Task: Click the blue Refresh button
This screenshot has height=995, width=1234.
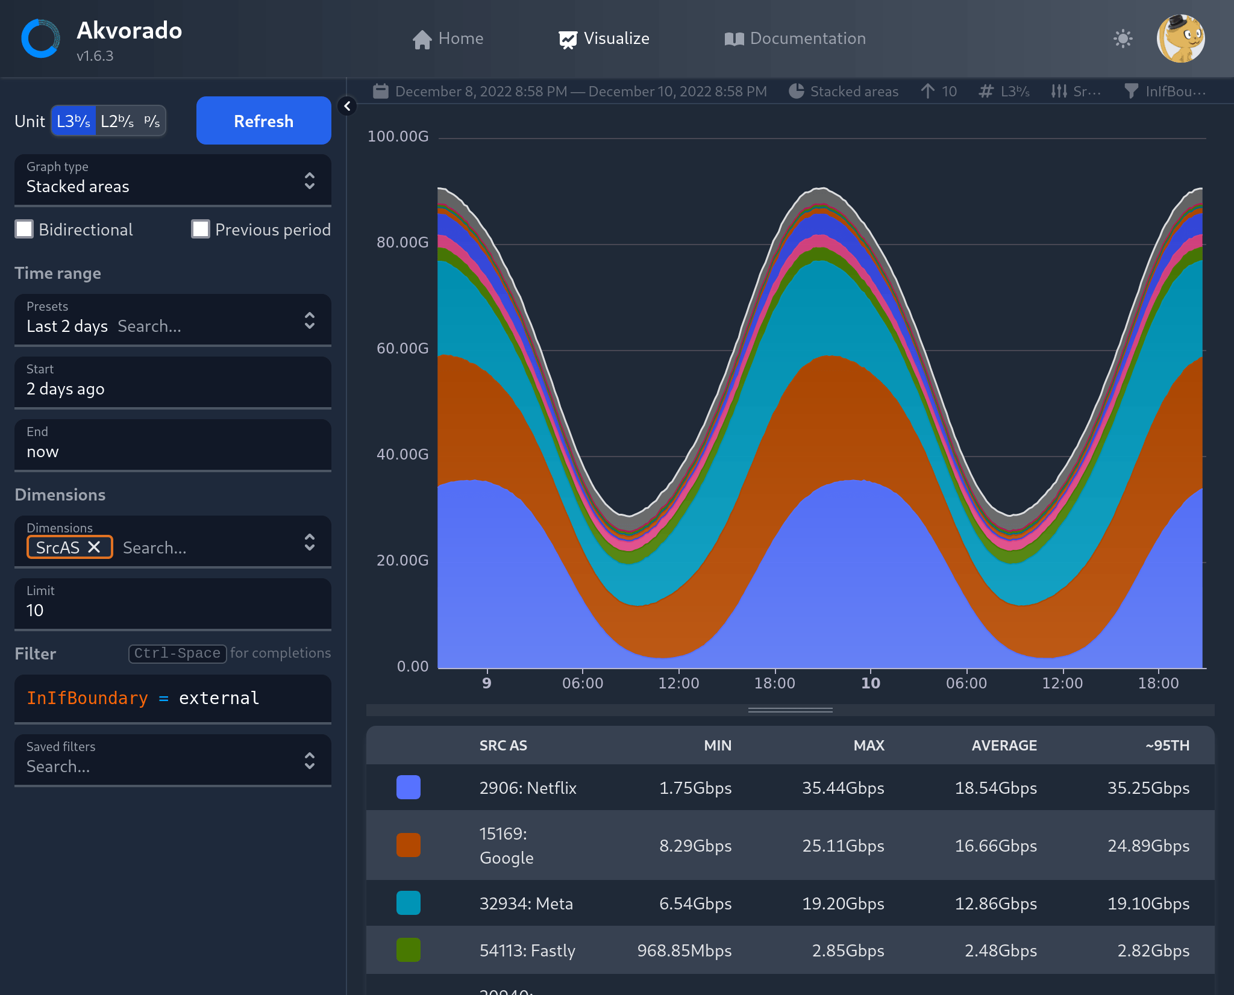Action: [263, 121]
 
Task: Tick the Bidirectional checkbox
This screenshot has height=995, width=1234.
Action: [24, 229]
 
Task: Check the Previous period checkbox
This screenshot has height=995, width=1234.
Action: [201, 229]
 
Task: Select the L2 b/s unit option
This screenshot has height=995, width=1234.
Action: [117, 121]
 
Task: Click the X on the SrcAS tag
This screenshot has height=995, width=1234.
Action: [94, 547]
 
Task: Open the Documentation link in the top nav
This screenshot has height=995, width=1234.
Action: [795, 39]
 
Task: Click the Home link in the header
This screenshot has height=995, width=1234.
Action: [448, 39]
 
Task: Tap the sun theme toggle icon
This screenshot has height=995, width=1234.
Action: [1123, 39]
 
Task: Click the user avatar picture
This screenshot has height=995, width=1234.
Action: [1180, 39]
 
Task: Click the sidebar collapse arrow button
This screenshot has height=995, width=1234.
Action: [347, 107]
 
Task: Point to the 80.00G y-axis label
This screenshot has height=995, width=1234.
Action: [402, 242]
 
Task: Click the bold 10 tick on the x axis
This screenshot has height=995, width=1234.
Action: [870, 683]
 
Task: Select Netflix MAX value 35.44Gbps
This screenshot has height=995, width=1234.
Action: [842, 788]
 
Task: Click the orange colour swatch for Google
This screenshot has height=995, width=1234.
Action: [408, 845]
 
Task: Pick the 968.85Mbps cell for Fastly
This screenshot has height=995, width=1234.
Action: [684, 950]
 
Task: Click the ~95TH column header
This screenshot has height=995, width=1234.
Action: [1167, 746]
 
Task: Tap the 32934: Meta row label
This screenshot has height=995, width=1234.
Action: [526, 903]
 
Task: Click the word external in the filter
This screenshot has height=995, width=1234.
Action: [219, 698]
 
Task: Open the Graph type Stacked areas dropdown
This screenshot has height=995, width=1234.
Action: [172, 180]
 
